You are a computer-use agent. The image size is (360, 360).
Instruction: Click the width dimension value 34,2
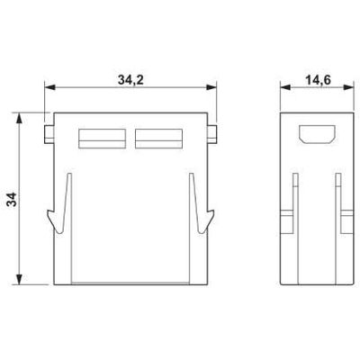pyautogui.click(x=131, y=79)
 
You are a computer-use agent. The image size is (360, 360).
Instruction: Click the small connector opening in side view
pyautogui.click(x=312, y=136)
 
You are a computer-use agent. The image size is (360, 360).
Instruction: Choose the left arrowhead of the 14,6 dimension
pyautogui.click(x=283, y=89)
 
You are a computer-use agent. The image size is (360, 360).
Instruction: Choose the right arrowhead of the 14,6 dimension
pyautogui.click(x=343, y=89)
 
